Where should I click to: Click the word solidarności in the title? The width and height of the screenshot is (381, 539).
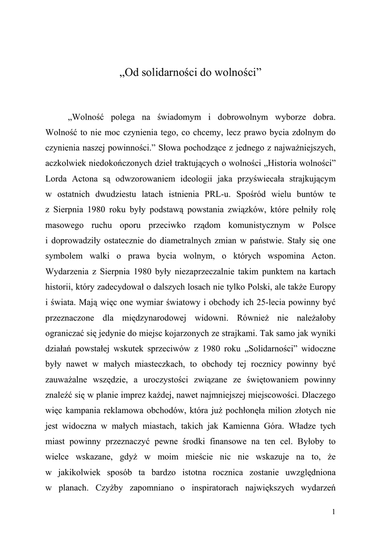[167, 71]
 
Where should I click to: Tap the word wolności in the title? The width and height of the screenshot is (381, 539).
[236, 71]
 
